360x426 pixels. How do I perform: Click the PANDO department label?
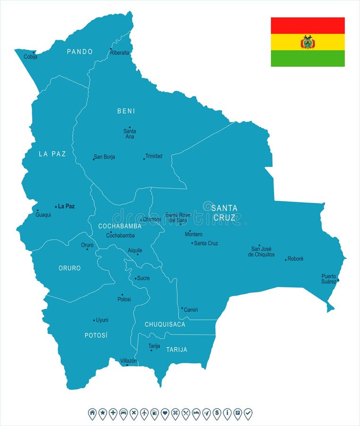coord(79,52)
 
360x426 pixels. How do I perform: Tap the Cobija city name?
coord(30,57)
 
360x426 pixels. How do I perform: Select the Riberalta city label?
coord(120,53)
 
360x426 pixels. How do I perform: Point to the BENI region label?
coord(126,111)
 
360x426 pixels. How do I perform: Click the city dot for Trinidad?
coord(144,159)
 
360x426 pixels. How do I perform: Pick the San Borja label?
coord(104,157)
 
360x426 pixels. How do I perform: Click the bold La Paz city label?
coord(66,206)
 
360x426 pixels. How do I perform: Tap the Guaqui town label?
coord(43,214)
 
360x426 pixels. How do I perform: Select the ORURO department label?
coord(70,268)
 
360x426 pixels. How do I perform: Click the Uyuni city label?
coord(102,320)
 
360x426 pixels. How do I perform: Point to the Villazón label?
coord(129,361)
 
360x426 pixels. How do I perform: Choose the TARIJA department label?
coord(176,350)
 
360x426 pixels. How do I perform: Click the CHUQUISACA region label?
coord(165,324)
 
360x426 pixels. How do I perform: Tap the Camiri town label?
coord(191,310)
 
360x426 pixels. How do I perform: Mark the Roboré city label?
coord(296,259)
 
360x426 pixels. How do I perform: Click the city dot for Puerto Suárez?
coord(338,280)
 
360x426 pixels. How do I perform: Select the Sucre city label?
coord(143,278)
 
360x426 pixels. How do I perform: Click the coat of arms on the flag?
coord(307,42)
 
